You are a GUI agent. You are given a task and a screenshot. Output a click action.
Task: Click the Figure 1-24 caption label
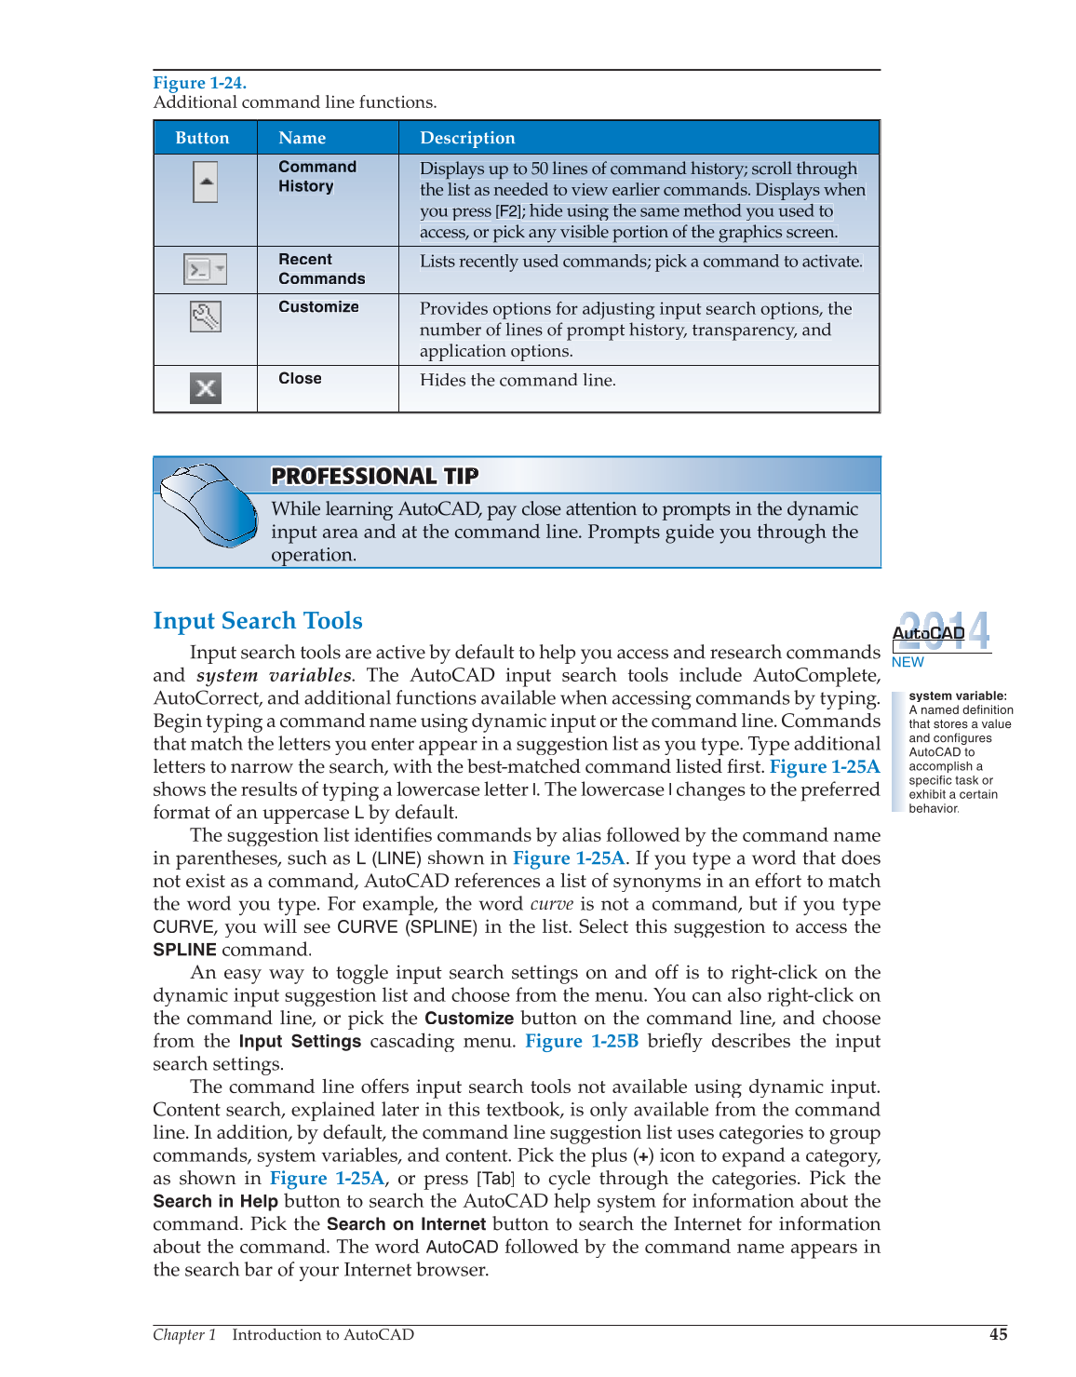199,83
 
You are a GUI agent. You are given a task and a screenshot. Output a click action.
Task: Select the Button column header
202,138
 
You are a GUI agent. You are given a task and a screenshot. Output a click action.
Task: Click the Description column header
467,138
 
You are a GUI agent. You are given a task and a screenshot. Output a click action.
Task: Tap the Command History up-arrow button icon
206,182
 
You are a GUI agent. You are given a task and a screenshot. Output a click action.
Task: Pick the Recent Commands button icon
205,270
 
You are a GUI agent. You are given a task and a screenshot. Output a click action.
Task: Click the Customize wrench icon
206,317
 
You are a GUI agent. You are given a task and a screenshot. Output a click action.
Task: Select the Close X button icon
206,388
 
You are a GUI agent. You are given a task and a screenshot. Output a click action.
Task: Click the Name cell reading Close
300,378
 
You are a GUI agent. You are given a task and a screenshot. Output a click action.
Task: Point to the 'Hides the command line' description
518,380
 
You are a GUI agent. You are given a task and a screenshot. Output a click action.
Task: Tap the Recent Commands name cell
321,269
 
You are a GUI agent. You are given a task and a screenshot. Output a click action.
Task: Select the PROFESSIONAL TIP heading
374,476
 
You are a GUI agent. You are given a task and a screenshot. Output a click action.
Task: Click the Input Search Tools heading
258,621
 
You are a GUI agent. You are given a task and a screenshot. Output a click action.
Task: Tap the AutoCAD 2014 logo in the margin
941,632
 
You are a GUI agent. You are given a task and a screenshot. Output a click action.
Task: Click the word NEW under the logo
908,662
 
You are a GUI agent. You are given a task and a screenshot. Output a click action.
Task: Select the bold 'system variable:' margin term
958,695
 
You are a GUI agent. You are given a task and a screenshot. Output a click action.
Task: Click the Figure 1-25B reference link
582,1041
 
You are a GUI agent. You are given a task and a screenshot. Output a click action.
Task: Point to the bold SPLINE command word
184,950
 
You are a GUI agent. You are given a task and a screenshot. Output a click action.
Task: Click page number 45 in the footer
998,1334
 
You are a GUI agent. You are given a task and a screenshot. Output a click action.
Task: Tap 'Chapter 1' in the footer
184,1334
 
